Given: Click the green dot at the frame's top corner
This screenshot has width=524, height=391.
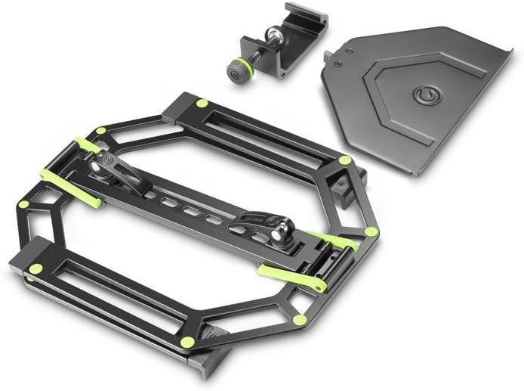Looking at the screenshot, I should coord(202,103).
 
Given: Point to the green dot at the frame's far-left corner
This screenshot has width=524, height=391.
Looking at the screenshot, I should coord(24,204).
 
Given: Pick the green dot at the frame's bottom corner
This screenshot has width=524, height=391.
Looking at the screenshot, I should coord(187,342).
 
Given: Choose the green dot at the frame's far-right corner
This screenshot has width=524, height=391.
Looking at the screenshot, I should coord(371,231).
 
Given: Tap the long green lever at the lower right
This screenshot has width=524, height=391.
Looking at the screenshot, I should coord(291,277).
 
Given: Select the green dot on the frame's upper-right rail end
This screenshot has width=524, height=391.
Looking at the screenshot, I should coord(344,160).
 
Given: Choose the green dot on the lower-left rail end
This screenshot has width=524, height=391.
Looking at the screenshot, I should coord(35,268).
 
